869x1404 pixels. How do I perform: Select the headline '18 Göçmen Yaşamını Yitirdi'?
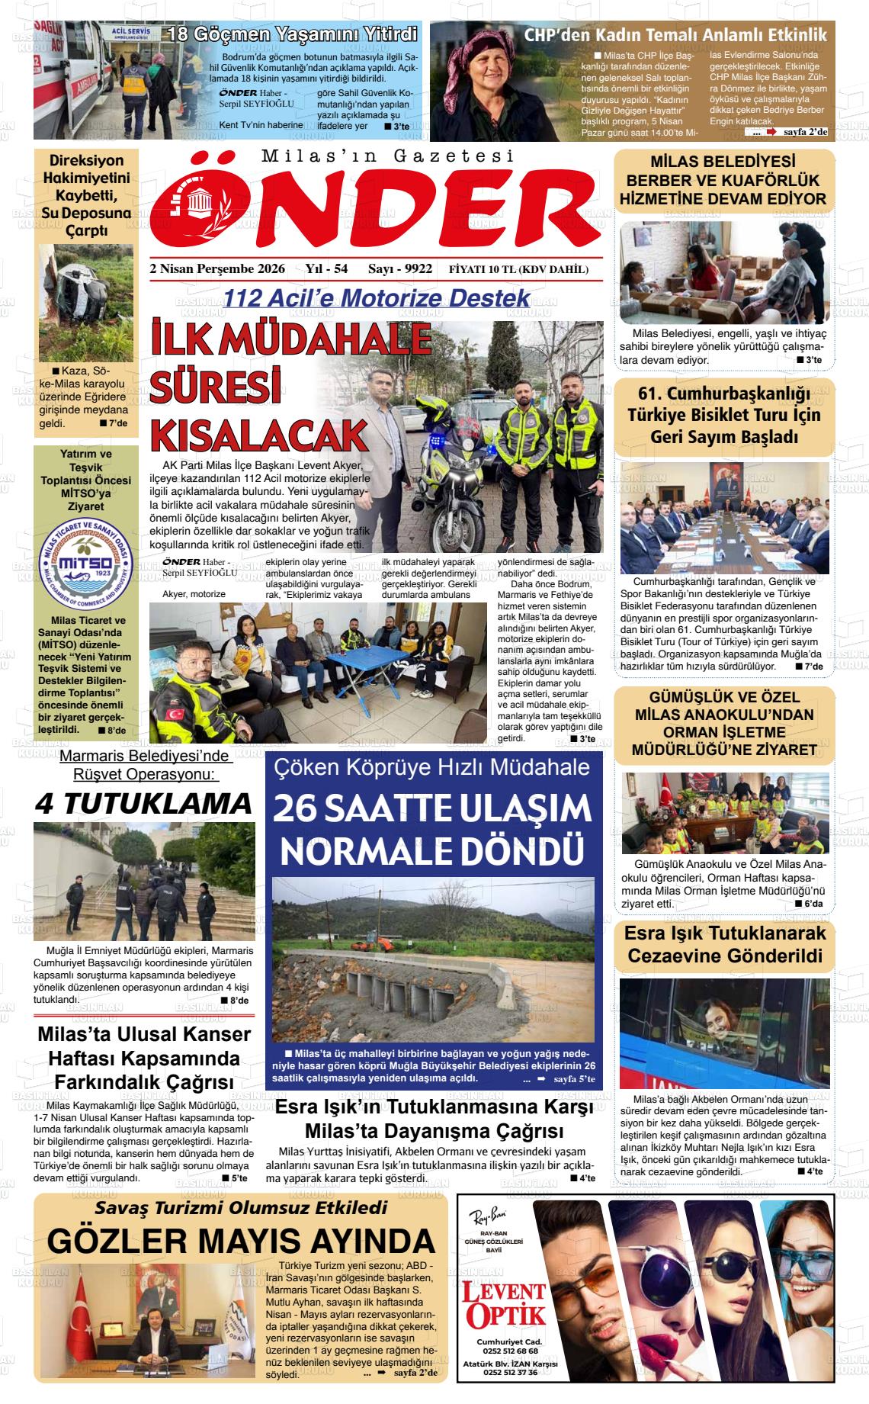293,34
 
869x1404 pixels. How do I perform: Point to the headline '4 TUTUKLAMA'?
143,803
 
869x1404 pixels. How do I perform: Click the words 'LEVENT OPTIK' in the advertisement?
505,1303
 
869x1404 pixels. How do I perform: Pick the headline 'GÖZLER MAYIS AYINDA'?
240,1241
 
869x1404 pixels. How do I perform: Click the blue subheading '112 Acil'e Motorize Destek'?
377,298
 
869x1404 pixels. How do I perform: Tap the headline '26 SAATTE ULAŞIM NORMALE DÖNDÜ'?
432,828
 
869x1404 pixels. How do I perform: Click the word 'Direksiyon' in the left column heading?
86,162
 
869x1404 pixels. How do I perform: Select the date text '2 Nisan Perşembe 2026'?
218,269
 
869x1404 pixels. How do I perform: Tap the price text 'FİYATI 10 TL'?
483,269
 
